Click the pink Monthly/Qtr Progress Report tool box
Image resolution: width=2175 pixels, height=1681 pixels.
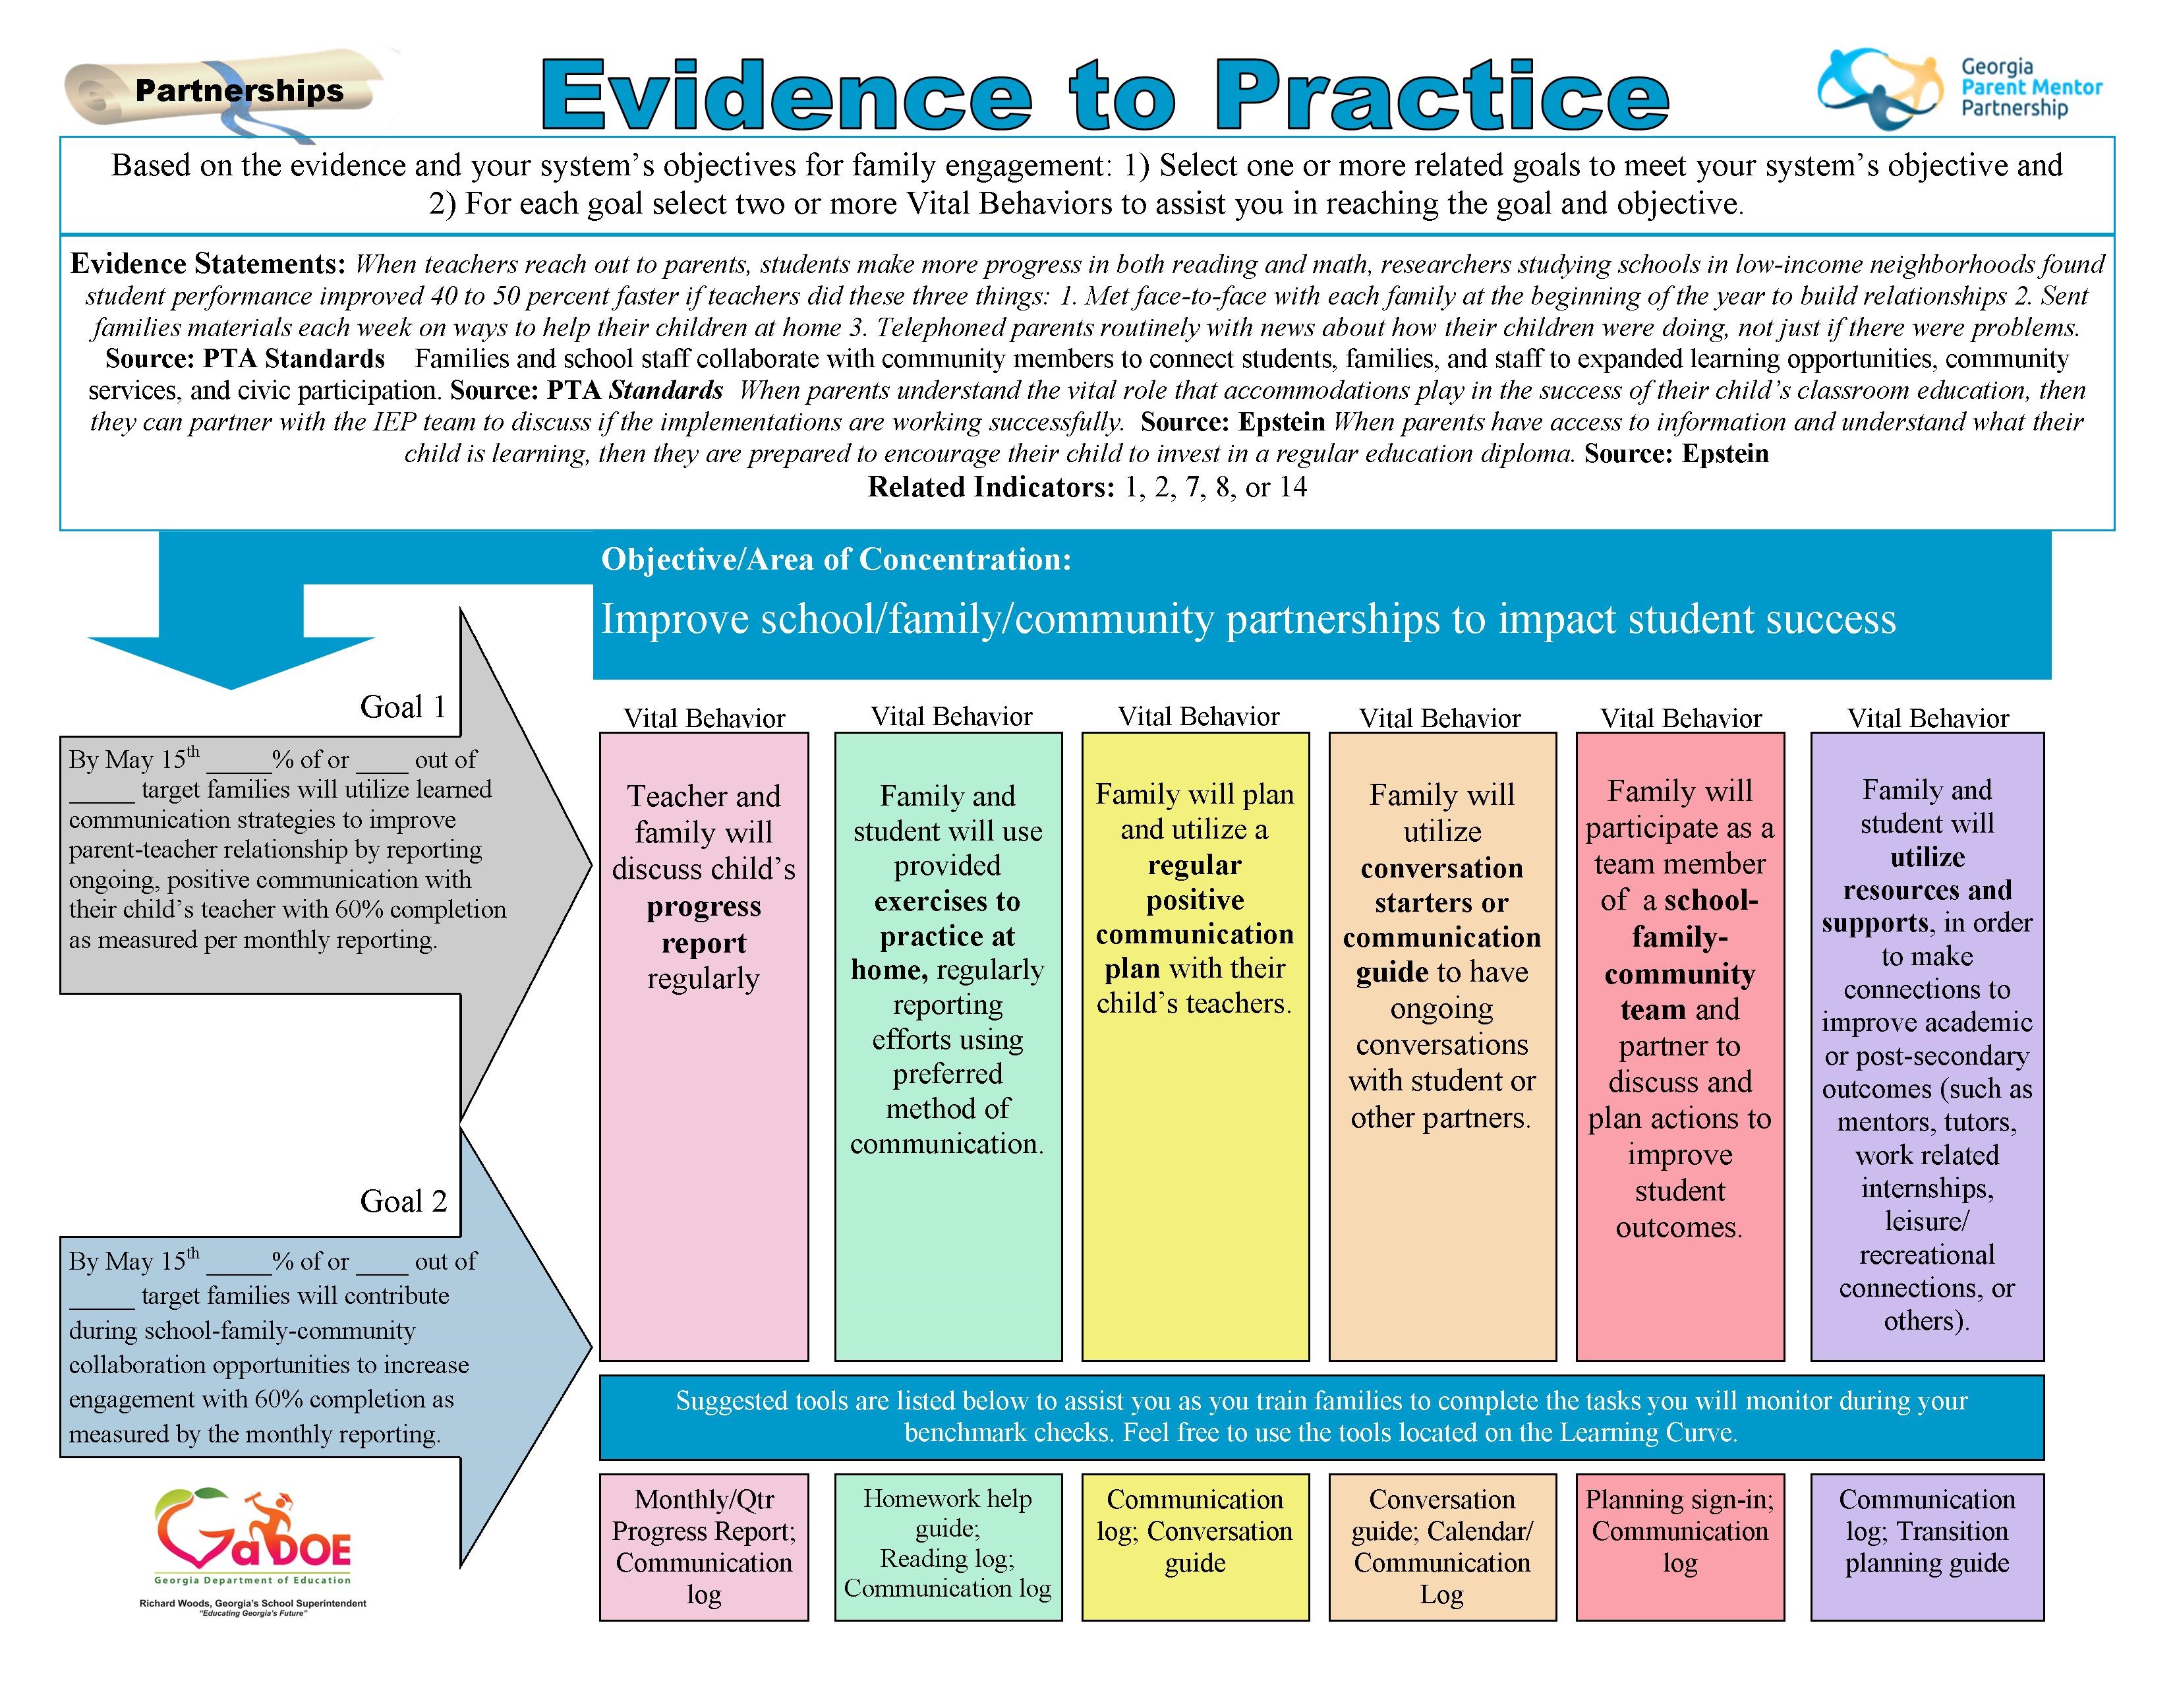pos(704,1547)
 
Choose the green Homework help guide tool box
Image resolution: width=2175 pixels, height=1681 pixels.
pos(948,1547)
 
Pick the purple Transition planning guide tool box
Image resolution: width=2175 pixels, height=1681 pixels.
pos(1927,1547)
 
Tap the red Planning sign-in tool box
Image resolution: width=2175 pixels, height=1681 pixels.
pos(1680,1547)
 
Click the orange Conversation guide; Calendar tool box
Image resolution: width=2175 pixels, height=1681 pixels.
pos(1442,1547)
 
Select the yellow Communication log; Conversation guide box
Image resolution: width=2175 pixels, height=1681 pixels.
pos(1195,1547)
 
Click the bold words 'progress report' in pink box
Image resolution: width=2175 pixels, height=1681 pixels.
pos(704,924)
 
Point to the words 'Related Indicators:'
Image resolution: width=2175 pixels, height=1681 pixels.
pos(991,487)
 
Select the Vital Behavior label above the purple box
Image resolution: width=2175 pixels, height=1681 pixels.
pos(1928,718)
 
